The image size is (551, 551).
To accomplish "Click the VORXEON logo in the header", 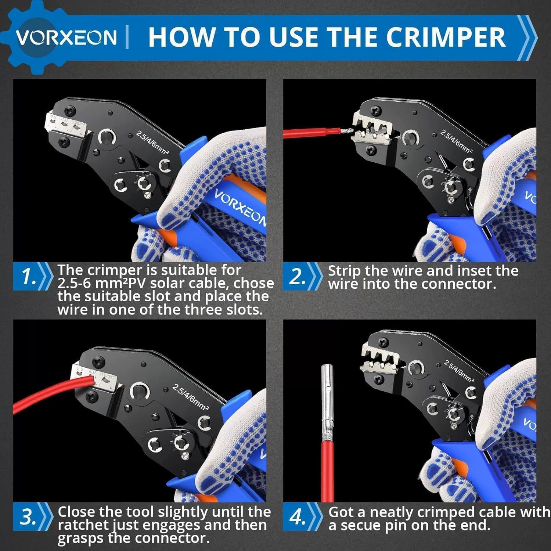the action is coord(66,37).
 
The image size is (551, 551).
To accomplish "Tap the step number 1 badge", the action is coord(33,276).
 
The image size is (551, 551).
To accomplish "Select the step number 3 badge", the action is coord(33,517).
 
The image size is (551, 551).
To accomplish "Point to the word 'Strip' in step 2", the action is coord(345,271).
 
